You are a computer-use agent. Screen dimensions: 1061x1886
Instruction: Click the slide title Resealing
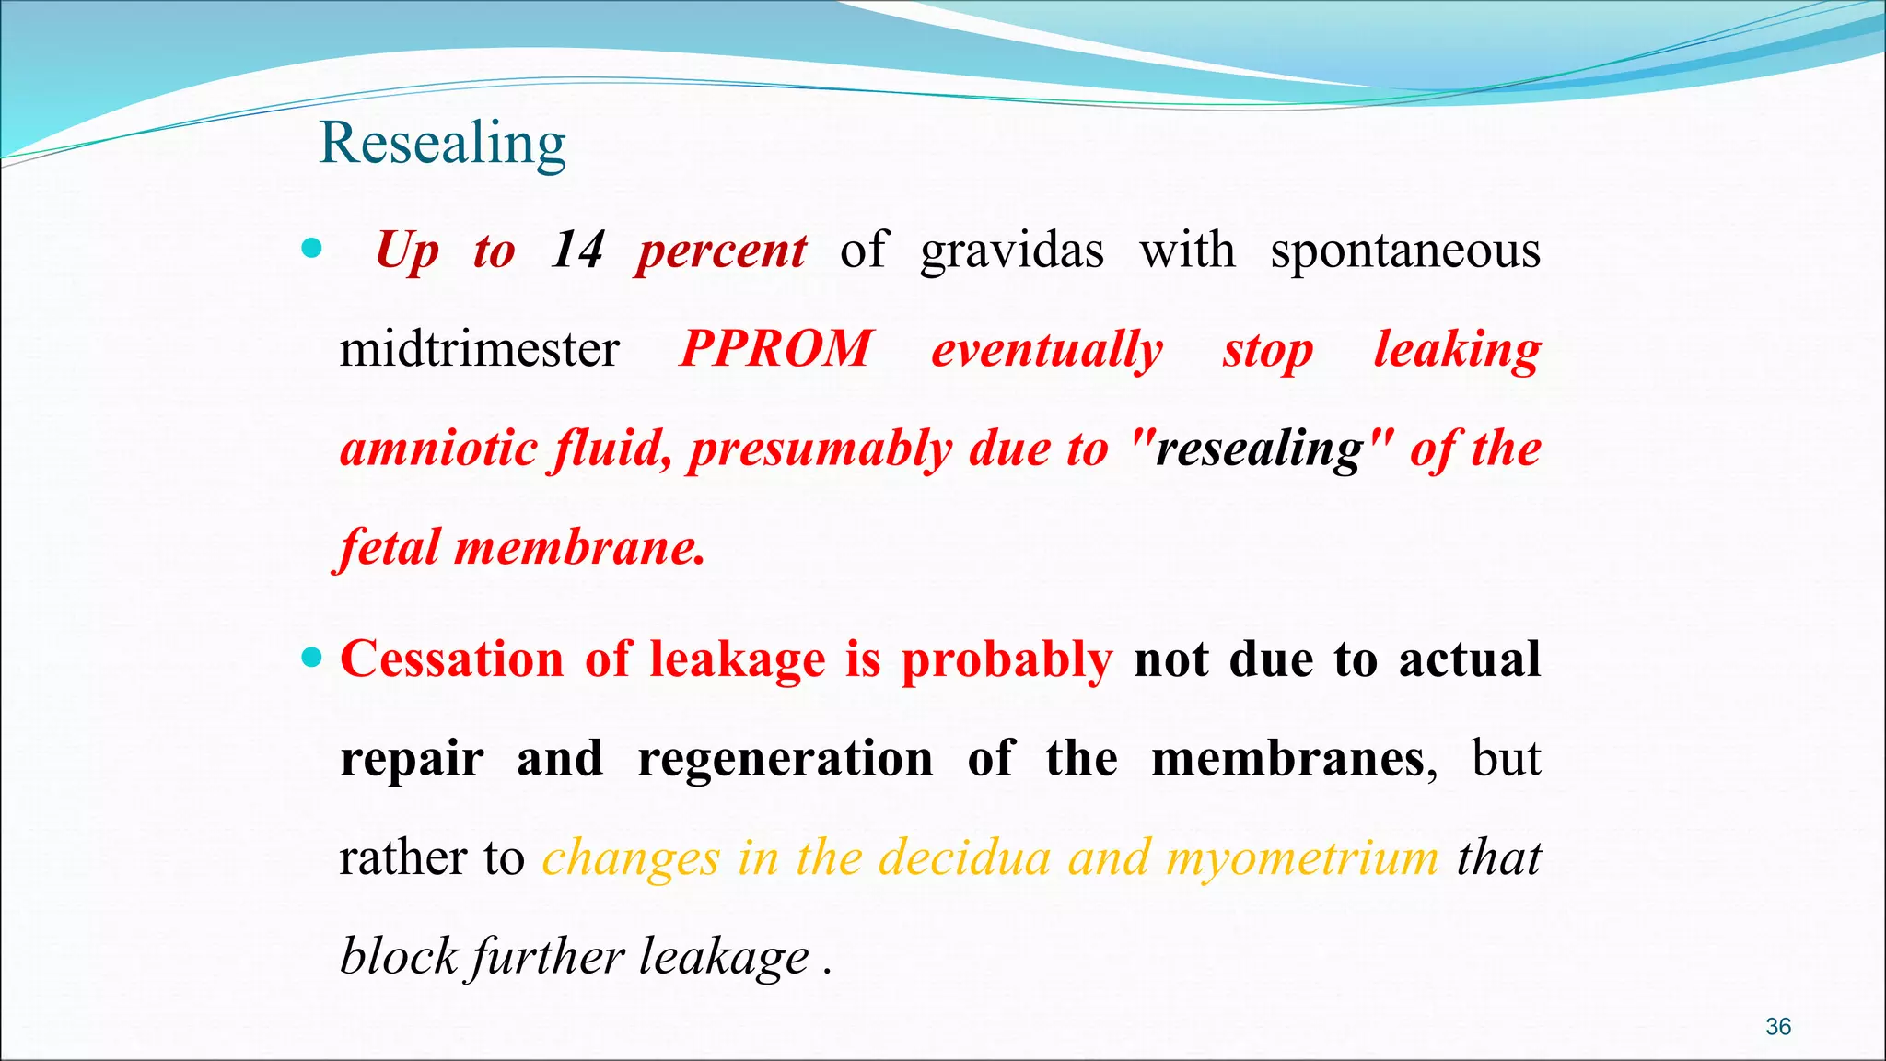pos(442,144)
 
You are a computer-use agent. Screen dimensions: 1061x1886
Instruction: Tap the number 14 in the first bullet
pos(577,251)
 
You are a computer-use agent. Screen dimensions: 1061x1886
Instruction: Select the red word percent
pos(722,251)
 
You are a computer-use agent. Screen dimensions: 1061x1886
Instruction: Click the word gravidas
pos(1012,251)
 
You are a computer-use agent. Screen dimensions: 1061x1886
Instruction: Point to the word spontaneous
pos(1405,251)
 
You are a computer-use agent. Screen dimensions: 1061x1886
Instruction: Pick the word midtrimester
pos(479,350)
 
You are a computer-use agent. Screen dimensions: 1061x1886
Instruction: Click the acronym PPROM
pos(775,350)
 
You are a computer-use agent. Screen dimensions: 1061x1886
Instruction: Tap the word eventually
pos(1047,350)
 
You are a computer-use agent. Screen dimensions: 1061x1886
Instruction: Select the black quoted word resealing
pos(1259,449)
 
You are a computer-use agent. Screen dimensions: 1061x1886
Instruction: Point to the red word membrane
pos(579,548)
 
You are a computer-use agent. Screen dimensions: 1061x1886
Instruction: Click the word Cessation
pos(452,659)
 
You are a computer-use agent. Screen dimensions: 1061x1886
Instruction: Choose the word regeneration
pos(785,760)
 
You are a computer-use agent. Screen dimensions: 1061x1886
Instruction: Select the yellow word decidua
pos(964,858)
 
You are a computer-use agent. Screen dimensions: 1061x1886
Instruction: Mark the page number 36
pos(1778,1027)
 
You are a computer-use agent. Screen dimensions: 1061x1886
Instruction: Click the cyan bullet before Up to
pos(312,248)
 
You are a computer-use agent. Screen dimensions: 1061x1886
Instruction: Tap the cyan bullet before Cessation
pos(312,658)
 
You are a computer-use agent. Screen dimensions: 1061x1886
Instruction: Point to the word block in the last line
pos(399,957)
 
